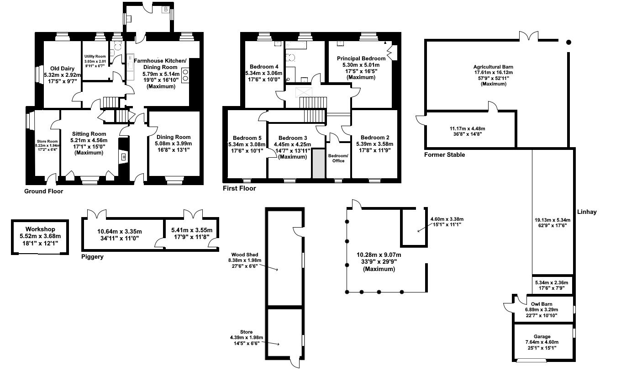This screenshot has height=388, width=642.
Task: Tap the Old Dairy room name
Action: (59, 69)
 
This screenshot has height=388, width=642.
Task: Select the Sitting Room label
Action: (89, 134)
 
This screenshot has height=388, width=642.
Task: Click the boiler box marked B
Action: (166, 9)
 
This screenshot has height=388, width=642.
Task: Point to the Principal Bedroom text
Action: (361, 58)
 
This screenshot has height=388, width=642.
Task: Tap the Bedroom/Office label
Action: (338, 158)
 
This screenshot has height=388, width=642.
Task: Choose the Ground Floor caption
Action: (43, 191)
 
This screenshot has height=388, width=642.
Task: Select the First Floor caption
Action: (239, 188)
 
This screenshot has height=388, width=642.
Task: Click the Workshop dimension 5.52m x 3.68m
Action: (40, 236)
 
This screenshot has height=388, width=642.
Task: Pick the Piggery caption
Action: (92, 257)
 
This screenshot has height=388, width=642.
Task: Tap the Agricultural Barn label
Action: (493, 67)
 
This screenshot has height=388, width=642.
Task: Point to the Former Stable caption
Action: (444, 155)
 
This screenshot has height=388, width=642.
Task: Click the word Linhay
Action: (587, 212)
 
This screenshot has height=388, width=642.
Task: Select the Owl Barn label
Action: (542, 304)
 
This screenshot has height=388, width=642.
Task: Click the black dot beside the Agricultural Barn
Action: (568, 43)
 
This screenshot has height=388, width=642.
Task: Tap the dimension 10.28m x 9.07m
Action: (379, 255)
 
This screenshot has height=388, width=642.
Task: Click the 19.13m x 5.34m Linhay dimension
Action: (553, 219)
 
